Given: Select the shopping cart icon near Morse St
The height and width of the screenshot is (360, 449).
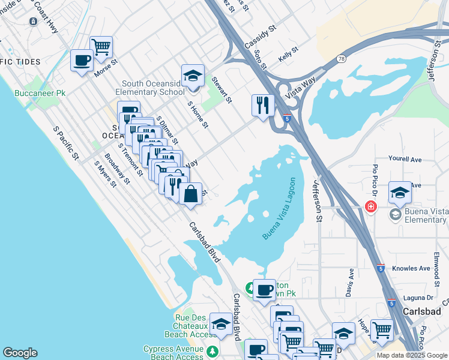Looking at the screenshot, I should coord(101,46).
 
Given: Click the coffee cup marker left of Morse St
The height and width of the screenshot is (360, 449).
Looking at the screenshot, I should coord(82,60).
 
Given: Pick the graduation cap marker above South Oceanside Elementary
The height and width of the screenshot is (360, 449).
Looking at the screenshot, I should coord(193,76).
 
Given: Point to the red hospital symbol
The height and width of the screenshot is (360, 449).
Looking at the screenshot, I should coord(371,206).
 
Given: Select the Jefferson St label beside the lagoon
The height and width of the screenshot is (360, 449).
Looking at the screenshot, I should coord(316,202).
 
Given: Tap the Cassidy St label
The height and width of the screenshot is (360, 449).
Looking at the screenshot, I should coord(261,37).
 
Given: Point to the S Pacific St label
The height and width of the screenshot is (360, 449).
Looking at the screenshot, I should coord(66,143).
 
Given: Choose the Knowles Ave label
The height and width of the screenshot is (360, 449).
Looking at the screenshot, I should coord(411,268).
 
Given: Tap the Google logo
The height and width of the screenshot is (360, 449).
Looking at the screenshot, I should coord(20,353).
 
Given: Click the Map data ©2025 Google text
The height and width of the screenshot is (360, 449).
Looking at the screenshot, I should coord(412,355).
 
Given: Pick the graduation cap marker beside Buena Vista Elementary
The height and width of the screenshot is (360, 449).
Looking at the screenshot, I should coord(400,193).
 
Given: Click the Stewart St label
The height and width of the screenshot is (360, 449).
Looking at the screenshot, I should coord(221,88).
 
